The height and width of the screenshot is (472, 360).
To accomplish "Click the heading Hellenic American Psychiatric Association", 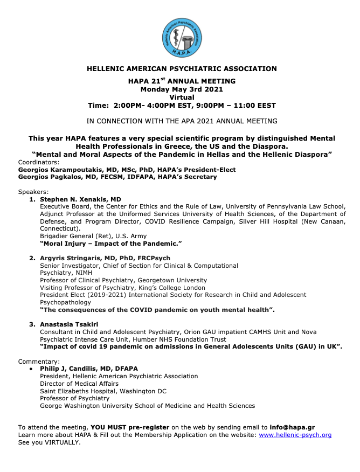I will [182, 69].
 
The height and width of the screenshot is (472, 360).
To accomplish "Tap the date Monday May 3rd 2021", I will [182, 89].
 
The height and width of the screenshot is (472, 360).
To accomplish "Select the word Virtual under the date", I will [182, 97].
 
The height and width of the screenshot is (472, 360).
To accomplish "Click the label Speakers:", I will [33, 192].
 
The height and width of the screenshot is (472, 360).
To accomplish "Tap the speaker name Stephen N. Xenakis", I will [81, 199].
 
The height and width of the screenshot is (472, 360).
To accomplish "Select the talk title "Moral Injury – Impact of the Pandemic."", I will [111, 244].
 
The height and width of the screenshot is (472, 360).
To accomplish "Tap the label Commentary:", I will [39, 361].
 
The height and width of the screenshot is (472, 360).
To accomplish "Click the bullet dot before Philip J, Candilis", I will [32, 369].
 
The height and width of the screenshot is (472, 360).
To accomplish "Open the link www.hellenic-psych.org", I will [295, 435].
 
